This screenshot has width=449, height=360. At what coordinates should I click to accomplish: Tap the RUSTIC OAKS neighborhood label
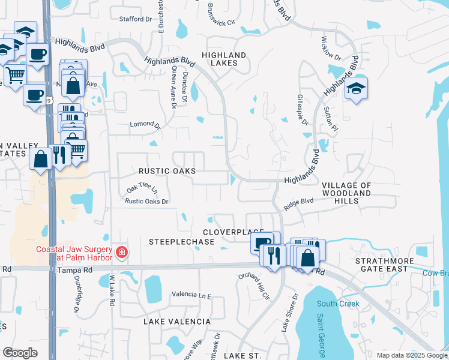(x=167, y=171)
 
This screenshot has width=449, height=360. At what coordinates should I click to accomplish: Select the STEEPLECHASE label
(x=182, y=241)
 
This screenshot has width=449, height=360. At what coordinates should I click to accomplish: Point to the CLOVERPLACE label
(x=234, y=232)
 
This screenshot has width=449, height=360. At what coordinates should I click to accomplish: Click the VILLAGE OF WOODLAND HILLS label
(x=346, y=193)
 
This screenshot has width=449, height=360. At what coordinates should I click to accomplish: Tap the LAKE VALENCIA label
(x=177, y=322)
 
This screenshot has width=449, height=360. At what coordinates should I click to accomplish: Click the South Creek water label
(x=338, y=304)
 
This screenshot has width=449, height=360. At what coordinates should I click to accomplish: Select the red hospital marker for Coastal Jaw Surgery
(x=122, y=251)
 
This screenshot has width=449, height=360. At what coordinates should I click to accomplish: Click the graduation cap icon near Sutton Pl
(x=356, y=88)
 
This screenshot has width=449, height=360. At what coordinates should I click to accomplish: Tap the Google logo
(x=20, y=353)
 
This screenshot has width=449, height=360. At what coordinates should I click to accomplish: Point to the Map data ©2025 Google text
(x=412, y=355)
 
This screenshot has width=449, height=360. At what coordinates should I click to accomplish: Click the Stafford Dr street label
(x=136, y=19)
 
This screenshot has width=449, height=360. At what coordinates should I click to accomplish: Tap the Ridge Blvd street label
(x=299, y=203)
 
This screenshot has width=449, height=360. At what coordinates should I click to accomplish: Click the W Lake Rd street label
(x=112, y=290)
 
